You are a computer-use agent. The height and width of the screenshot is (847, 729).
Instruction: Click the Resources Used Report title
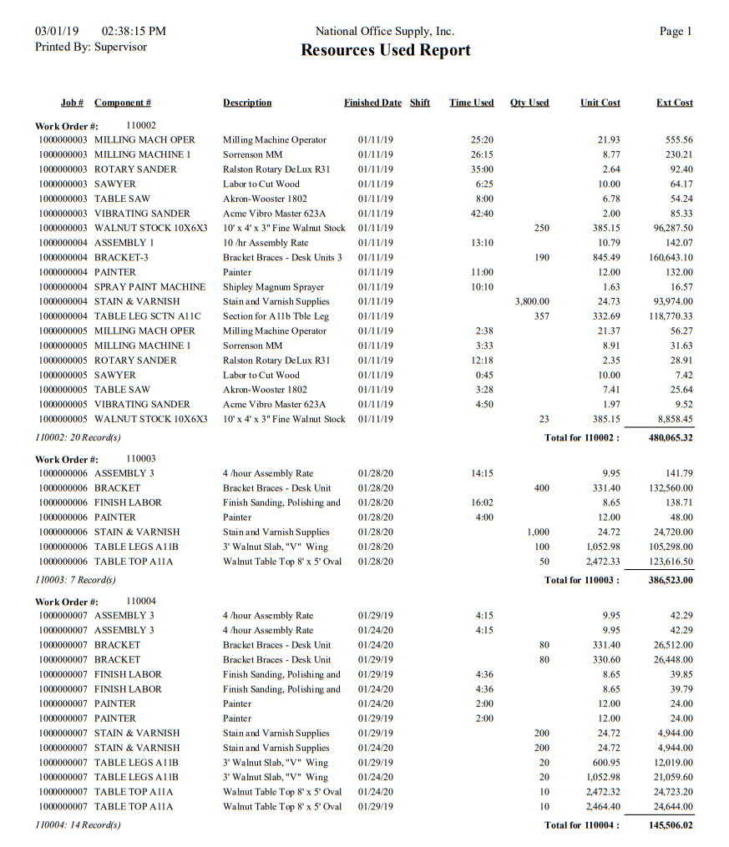(385, 50)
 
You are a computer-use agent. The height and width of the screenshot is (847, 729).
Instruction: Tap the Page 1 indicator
(676, 32)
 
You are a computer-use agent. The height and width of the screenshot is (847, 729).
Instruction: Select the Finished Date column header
(372, 103)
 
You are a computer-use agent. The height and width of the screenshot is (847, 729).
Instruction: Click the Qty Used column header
(529, 103)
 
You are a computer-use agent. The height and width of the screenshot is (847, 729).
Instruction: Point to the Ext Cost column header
(674, 103)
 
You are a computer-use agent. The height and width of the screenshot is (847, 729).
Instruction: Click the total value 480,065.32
(670, 437)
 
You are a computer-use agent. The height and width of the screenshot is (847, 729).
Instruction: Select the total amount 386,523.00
(670, 580)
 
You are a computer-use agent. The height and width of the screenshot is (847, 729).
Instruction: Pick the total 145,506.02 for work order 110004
(670, 825)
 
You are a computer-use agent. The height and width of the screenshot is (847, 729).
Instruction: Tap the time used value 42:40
(482, 214)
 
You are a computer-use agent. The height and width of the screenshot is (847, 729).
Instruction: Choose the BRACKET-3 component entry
(121, 258)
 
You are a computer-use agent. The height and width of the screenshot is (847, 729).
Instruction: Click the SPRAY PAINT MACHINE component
(149, 287)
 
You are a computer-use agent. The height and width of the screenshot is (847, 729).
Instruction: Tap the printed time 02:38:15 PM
(134, 32)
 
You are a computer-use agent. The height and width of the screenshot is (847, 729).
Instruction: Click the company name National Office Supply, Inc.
(385, 32)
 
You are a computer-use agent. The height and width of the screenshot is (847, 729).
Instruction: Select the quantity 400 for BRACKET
(541, 488)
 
